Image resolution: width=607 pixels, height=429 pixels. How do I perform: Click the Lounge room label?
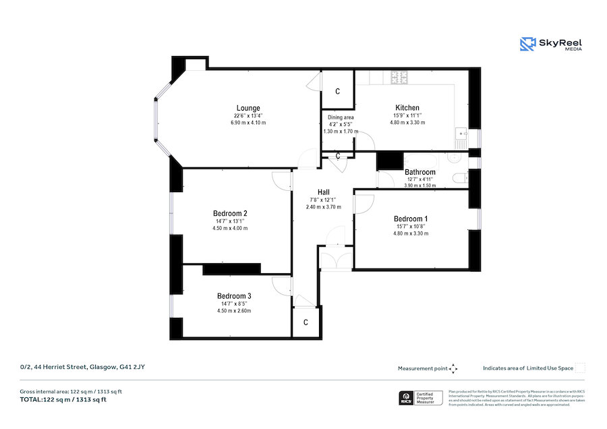[248, 108]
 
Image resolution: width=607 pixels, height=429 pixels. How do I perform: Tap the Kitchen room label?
[407, 108]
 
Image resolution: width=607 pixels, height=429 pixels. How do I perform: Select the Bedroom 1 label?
[411, 219]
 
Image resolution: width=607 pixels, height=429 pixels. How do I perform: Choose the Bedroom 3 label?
[234, 296]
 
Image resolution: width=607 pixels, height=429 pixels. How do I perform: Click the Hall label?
[323, 192]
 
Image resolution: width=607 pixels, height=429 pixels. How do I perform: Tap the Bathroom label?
[420, 172]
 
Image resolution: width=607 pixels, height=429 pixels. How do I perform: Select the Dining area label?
[341, 117]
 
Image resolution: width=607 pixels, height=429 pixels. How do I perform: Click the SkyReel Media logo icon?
[527, 45]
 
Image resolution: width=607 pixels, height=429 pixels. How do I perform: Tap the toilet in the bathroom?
[459, 178]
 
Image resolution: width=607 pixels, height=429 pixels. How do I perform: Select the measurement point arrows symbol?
[453, 368]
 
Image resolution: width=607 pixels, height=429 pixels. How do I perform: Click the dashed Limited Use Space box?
[580, 368]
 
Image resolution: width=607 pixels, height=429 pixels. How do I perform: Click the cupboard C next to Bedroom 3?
[306, 322]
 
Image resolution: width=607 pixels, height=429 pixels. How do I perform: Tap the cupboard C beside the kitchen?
[337, 92]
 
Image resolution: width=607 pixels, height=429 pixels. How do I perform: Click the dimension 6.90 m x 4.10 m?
[248, 123]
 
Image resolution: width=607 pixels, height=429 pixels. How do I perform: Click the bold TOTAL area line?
[63, 400]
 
